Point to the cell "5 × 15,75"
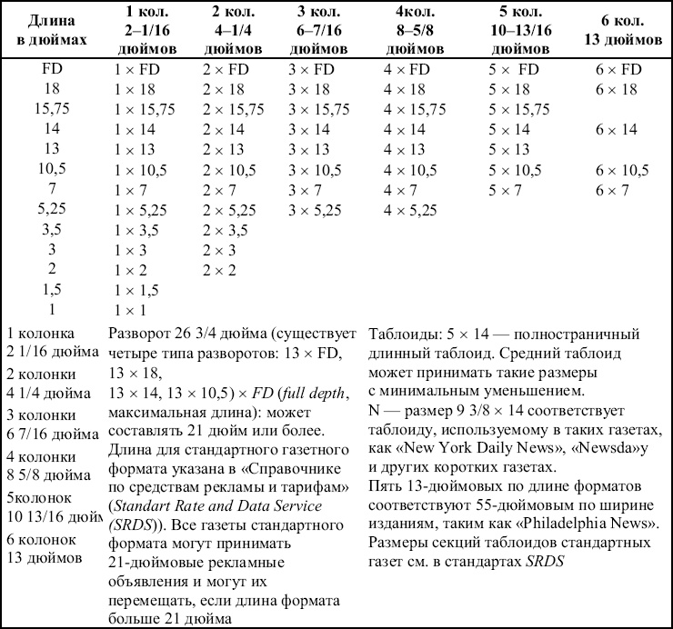tap(519, 109)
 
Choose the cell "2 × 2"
tap(220, 270)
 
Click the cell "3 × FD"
tap(311, 69)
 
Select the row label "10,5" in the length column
tap(52, 170)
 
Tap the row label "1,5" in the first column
tap(52, 290)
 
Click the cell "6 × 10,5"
tap(623, 170)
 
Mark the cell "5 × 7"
tap(505, 190)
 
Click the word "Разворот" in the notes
tap(139, 333)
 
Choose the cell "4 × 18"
tap(406, 89)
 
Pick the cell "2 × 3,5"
tap(226, 230)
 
